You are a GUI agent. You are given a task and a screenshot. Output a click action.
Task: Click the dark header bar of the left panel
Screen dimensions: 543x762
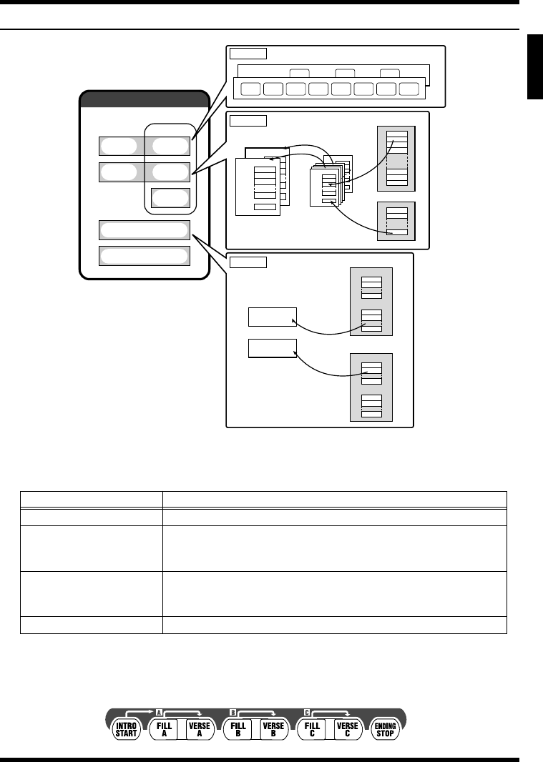pyautogui.click(x=144, y=99)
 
